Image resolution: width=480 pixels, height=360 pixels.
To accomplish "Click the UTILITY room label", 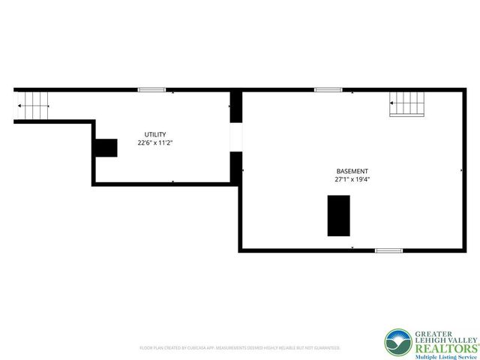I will coord(156,134).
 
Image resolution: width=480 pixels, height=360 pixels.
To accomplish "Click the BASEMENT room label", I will coord(352,171).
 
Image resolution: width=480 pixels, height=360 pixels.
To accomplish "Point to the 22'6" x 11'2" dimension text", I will coord(156,142).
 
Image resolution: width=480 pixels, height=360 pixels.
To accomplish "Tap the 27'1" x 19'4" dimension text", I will coord(352,180).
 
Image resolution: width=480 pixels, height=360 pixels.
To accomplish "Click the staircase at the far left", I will coord(32,105).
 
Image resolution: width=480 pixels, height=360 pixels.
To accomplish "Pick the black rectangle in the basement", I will coord(339,215).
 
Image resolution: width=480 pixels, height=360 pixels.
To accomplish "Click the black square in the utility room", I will coord(106,148).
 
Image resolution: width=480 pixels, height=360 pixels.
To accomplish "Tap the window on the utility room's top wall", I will coord(151,90).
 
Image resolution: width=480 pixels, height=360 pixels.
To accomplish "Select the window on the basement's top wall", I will coord(328,90).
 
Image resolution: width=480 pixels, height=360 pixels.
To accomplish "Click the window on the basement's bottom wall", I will coord(388,250).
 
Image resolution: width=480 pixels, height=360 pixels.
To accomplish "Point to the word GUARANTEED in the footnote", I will coord(325,348).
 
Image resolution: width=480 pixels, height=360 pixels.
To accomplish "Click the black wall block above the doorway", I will coord(236,107).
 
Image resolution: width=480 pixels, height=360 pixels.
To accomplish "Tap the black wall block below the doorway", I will coord(236,166).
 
